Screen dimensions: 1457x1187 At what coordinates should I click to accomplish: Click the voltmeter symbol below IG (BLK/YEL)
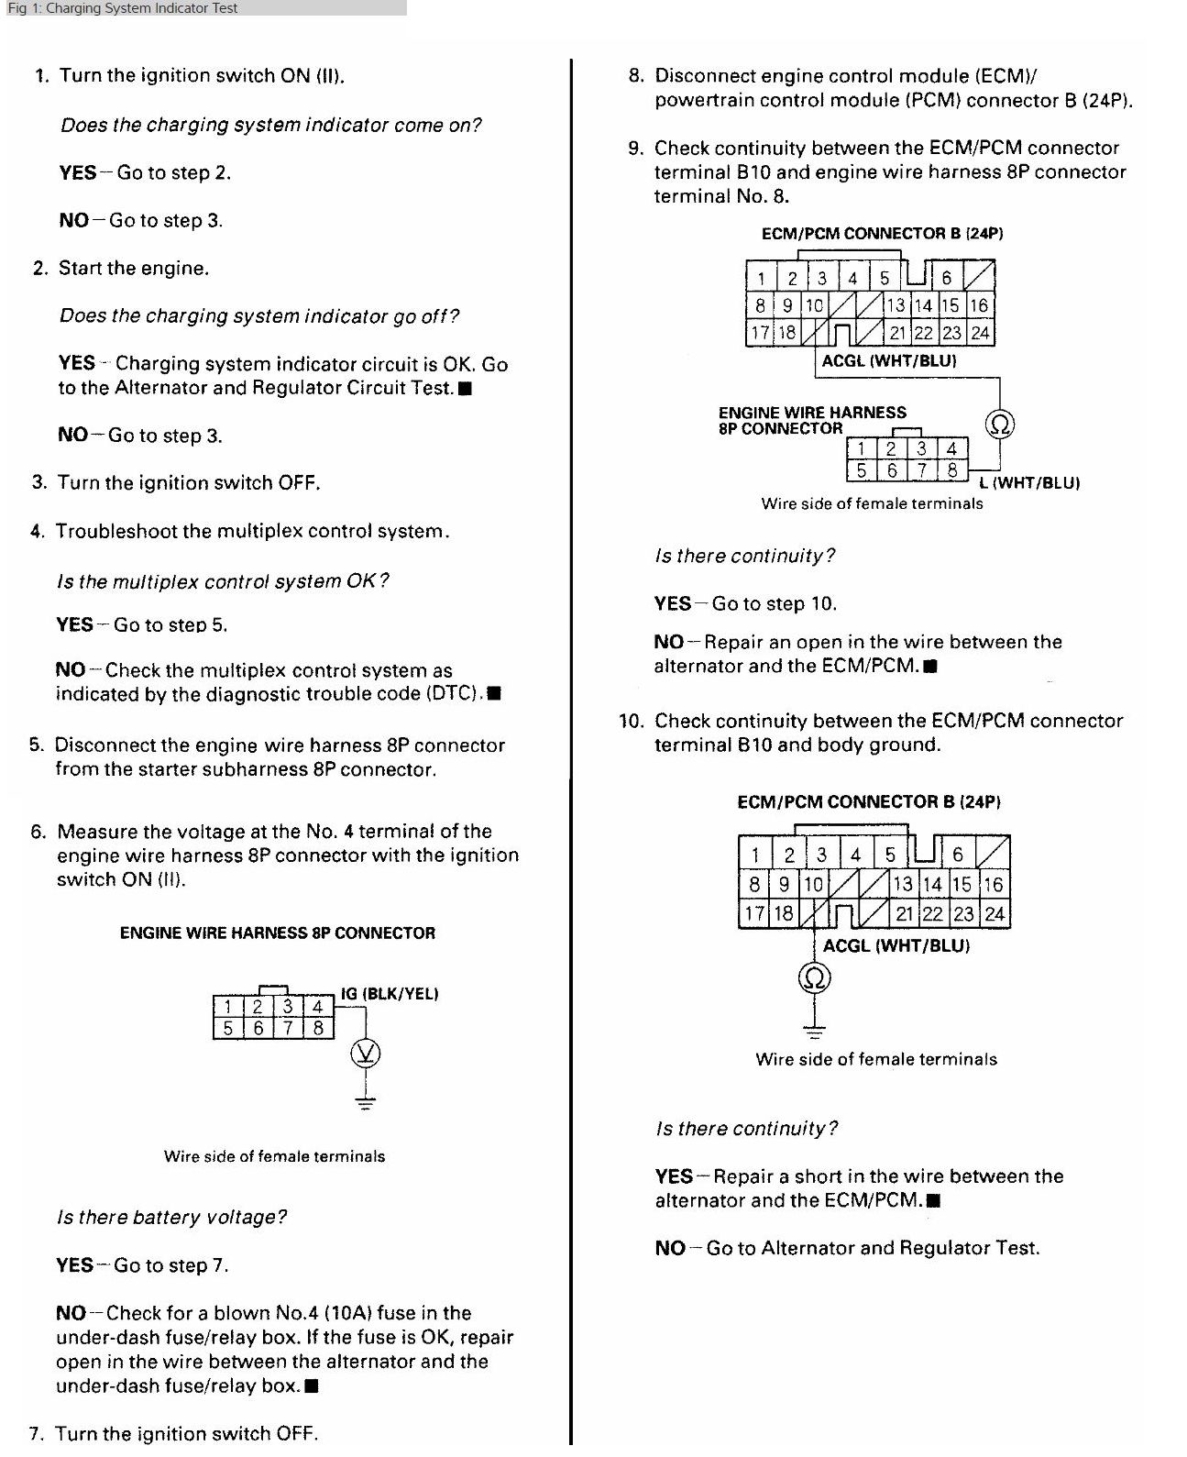(366, 1054)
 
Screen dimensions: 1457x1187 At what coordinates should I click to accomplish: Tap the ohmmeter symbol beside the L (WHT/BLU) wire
(999, 424)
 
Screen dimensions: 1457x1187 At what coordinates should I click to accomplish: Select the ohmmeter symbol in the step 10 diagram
(815, 977)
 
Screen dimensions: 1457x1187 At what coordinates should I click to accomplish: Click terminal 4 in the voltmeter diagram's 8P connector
(317, 1006)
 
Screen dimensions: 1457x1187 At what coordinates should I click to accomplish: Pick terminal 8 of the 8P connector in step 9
(952, 470)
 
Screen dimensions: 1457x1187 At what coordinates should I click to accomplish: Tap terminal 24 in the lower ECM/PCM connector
(995, 913)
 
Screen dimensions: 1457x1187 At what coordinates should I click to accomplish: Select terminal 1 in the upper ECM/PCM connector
(761, 278)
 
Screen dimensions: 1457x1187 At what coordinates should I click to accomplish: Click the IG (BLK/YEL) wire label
(390, 993)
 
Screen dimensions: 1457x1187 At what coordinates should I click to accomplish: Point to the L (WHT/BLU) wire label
(1029, 482)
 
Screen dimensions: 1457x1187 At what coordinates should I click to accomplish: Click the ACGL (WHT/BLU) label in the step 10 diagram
(896, 945)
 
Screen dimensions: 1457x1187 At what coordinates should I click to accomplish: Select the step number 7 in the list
(36, 1434)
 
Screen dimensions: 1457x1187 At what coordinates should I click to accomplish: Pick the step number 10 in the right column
(631, 721)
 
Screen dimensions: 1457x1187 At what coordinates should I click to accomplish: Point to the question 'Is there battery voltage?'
(171, 1218)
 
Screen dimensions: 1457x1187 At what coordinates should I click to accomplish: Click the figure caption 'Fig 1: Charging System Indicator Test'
(123, 8)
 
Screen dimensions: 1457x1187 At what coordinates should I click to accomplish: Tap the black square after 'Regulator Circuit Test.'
(465, 389)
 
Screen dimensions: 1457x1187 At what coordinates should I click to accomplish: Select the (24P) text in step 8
(1106, 100)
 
